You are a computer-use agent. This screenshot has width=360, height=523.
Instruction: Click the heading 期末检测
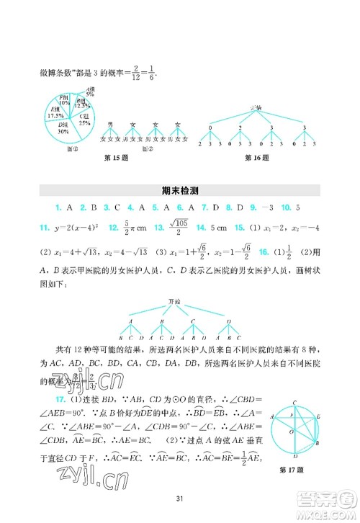tap(180, 192)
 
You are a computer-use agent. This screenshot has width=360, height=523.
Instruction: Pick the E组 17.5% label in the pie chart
tap(55, 113)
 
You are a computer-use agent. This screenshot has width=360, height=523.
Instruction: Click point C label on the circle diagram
tap(295, 403)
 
